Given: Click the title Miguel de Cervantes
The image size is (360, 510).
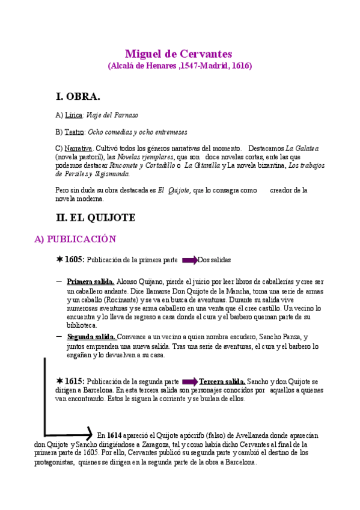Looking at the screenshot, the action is point(179,54).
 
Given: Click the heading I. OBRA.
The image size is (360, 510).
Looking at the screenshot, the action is point(78,96).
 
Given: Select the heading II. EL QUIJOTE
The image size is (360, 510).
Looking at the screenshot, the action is point(95,217).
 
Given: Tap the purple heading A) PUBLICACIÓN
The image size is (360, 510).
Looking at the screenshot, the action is point(75,239).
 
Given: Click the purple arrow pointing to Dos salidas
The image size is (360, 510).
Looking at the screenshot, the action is point(189,260).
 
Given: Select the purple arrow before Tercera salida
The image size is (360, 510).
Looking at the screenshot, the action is point(189,381).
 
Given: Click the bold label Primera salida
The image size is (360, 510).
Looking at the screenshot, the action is point(90,281).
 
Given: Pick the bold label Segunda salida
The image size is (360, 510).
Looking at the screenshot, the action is point(91,337).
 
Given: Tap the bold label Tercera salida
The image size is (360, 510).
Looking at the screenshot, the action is point(222,381).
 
